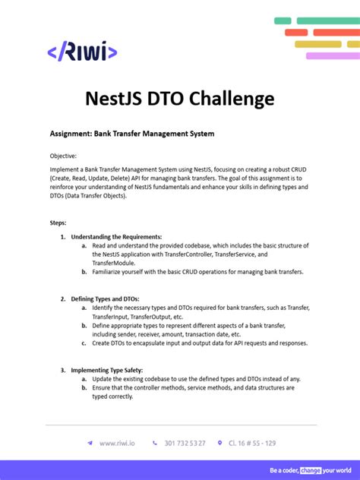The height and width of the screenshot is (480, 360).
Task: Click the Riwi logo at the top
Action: (x=82, y=52)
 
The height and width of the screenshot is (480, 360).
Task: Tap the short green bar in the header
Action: (x=283, y=21)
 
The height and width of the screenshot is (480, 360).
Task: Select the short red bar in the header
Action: (x=274, y=33)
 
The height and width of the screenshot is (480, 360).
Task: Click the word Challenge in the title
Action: (x=226, y=99)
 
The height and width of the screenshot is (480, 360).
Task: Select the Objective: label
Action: (x=63, y=156)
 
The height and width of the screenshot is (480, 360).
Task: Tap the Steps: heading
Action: (x=58, y=223)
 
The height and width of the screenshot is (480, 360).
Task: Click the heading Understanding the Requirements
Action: (x=116, y=237)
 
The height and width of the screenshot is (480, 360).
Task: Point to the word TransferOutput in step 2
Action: (x=156, y=317)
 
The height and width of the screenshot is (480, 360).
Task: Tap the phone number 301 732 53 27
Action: (x=185, y=443)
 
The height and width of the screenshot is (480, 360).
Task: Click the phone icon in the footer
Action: (x=155, y=443)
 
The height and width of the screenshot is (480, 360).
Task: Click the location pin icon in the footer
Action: (x=220, y=443)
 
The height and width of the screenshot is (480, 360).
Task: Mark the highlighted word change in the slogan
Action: (x=311, y=470)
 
